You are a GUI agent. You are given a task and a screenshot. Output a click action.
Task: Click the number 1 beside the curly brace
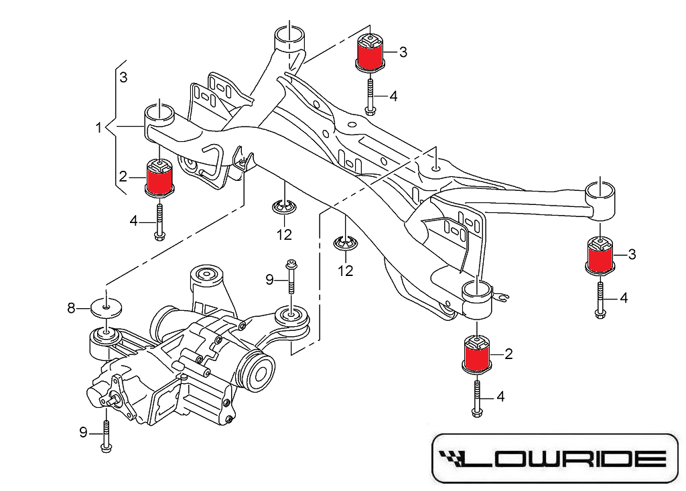(x=98, y=127)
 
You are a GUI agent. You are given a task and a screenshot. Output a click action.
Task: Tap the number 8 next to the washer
(x=71, y=308)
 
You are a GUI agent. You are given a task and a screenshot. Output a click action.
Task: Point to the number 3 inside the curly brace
(x=123, y=78)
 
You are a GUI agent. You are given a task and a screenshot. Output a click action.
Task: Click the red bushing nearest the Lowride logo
(x=476, y=354)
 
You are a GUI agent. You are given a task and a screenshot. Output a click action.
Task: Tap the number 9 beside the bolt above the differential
(x=269, y=279)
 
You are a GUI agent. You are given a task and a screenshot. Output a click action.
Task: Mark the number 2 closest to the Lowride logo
(x=508, y=354)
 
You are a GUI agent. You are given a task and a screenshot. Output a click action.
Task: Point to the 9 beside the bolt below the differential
(x=84, y=433)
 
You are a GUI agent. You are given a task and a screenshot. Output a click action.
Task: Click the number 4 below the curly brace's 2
(x=133, y=220)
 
